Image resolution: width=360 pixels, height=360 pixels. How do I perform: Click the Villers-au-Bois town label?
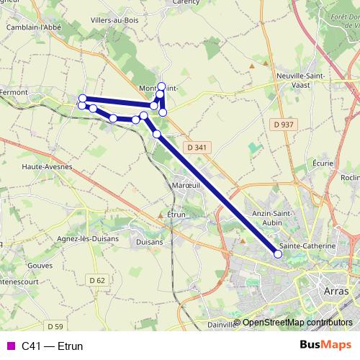115,21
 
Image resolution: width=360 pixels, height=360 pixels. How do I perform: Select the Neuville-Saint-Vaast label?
302,80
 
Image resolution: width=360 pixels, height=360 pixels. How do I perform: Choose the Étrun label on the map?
176,215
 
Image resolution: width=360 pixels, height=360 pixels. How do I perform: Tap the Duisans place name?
149,243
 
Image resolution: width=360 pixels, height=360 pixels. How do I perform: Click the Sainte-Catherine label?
307,246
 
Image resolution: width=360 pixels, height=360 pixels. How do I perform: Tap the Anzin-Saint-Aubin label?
271,218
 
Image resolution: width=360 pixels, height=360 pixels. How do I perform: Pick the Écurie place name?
324,163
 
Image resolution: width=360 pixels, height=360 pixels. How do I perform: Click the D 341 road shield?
196,148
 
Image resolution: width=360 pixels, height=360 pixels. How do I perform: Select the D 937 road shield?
284,125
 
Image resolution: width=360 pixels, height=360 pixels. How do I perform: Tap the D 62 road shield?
97,279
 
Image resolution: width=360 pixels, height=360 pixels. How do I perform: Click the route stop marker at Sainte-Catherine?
279,253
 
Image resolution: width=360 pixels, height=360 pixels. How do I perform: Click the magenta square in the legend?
10,346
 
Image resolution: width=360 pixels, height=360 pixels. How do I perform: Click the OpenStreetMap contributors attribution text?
297,323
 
